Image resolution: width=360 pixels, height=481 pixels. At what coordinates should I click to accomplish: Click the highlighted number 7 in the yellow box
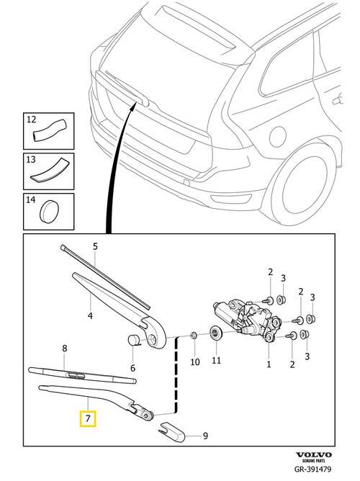(x=88, y=418)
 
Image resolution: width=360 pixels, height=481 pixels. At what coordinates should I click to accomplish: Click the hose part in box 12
(x=50, y=130)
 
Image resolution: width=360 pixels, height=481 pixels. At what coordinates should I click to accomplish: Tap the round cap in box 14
(x=50, y=212)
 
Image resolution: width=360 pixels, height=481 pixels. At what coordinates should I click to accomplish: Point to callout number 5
(x=95, y=246)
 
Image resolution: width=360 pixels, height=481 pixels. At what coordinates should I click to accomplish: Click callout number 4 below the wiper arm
(x=90, y=315)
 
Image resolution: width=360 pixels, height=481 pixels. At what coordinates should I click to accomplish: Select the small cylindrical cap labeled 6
(x=133, y=341)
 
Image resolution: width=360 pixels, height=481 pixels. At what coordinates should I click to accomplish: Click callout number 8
(x=64, y=349)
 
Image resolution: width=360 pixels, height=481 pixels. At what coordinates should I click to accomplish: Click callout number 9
(x=205, y=436)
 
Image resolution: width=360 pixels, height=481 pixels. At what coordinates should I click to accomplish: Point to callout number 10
(x=195, y=362)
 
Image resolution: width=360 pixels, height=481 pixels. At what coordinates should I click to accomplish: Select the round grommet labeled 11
(x=215, y=333)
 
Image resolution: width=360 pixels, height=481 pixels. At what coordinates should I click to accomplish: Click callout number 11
(x=216, y=360)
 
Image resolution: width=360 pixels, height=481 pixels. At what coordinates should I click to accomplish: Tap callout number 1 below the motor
(x=269, y=364)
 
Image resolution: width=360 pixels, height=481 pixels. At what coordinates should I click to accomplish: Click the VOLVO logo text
(x=314, y=454)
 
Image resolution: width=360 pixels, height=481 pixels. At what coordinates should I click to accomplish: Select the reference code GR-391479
(x=312, y=469)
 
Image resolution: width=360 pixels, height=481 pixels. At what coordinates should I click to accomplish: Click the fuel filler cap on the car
(x=278, y=137)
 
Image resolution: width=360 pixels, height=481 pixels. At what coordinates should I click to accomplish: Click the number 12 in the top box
(x=31, y=119)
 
